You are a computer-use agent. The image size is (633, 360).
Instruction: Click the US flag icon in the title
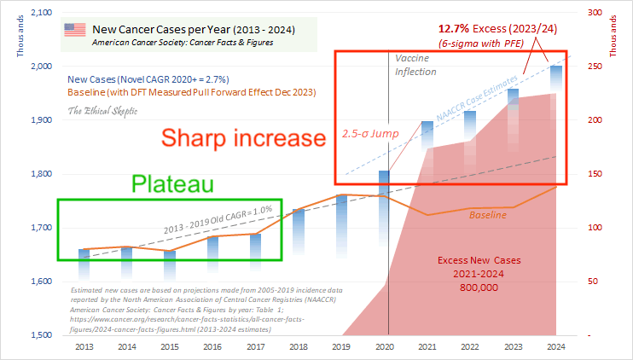click(x=75, y=30)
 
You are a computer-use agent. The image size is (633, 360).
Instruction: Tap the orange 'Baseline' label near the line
click(x=487, y=215)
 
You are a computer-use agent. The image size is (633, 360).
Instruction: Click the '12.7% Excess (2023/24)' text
click(x=494, y=28)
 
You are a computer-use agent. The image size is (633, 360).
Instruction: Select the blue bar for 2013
click(x=83, y=264)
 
